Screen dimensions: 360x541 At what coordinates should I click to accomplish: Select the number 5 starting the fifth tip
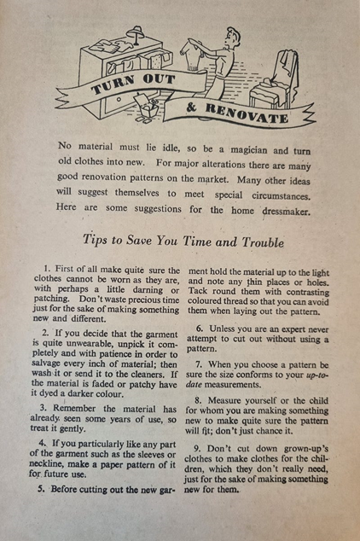tap(42, 489)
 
